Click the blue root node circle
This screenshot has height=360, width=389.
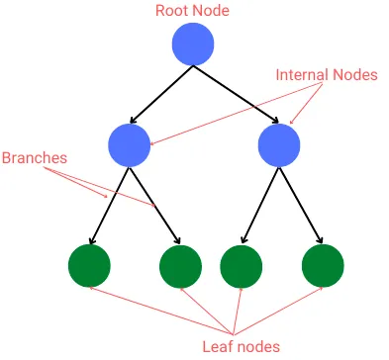pos(193,45)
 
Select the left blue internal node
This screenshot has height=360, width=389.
pos(130,146)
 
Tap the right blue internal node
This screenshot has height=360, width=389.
pos(279,146)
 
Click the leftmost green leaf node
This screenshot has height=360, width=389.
pos(89,264)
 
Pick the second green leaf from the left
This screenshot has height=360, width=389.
pos(180,264)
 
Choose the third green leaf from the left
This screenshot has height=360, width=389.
pos(241,264)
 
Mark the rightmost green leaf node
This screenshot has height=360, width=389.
pos(322,264)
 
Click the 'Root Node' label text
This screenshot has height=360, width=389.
pos(193,11)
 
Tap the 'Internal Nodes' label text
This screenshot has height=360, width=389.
pos(327,74)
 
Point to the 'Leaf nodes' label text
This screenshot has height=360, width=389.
pos(242,345)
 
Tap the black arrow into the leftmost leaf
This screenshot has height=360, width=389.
pos(109,206)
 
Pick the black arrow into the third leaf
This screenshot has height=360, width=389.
pos(259,206)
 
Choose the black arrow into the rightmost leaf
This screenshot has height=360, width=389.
pos(301,206)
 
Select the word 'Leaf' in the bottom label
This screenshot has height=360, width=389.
pos(218,345)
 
